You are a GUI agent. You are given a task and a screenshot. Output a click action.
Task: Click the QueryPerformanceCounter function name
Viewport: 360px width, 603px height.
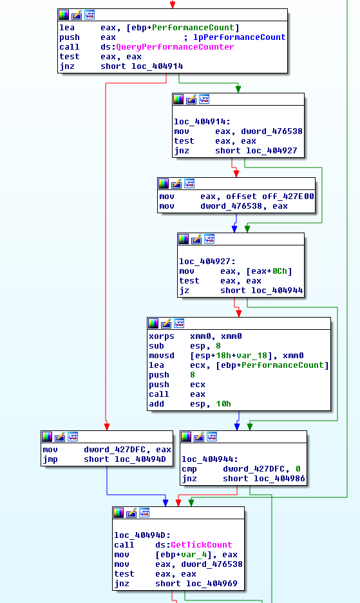click(x=175, y=47)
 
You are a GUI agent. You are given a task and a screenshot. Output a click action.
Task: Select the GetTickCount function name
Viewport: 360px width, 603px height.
click(x=202, y=545)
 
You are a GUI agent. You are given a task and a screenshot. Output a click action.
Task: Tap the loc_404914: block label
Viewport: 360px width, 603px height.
click(x=202, y=122)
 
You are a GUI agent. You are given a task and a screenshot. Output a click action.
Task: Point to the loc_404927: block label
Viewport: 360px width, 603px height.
click(x=207, y=262)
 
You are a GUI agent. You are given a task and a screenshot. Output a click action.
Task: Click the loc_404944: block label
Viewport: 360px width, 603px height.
click(x=210, y=459)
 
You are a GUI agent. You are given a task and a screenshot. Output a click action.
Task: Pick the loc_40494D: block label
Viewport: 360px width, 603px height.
click(x=142, y=535)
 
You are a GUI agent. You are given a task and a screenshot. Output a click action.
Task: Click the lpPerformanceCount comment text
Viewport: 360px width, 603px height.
click(x=240, y=37)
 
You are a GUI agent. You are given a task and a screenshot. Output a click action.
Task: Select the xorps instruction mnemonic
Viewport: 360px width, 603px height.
click(x=162, y=336)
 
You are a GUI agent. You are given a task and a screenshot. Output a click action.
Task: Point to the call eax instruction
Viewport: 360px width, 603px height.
click(x=177, y=394)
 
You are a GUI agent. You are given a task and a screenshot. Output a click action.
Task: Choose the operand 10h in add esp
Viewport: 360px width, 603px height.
click(x=223, y=404)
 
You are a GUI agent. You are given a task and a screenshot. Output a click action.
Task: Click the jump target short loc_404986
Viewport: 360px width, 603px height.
click(x=264, y=479)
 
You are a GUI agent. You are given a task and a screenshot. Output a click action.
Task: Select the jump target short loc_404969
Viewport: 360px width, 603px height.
click(x=196, y=584)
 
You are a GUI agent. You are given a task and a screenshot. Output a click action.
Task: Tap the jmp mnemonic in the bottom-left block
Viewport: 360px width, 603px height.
click(x=50, y=459)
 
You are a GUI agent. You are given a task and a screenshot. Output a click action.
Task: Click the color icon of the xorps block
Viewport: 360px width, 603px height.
click(x=153, y=323)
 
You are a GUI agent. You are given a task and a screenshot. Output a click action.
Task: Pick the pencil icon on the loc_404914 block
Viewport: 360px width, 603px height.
click(x=191, y=99)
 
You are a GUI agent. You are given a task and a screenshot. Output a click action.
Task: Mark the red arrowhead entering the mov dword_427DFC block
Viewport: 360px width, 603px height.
click(x=107, y=427)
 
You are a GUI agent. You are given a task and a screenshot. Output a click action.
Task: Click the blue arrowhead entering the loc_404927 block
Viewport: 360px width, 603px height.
click(x=234, y=229)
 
